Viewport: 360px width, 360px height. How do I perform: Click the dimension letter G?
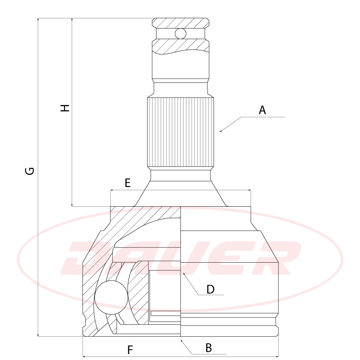(x=30, y=171)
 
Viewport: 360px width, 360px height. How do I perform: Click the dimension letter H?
(x=65, y=108)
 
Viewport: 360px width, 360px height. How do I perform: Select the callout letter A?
(x=262, y=110)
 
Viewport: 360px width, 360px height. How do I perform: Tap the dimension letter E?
(x=127, y=183)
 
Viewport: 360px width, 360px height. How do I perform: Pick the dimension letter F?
(x=130, y=350)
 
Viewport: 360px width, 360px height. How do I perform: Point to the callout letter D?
(x=210, y=289)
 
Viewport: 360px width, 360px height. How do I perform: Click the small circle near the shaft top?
(x=180, y=33)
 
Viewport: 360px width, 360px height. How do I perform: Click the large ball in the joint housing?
(x=111, y=297)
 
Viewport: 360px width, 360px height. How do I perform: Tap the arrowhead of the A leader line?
(x=221, y=131)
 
